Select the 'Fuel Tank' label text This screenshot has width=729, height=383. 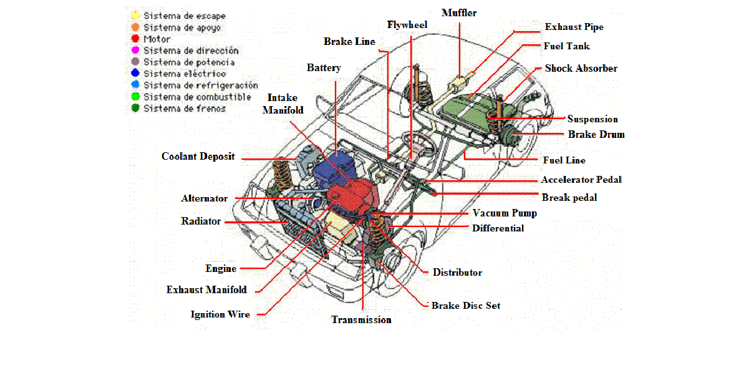tap(566, 46)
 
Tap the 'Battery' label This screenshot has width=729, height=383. tap(324, 67)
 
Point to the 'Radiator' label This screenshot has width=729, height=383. tap(201, 221)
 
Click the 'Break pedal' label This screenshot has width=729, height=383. tap(569, 197)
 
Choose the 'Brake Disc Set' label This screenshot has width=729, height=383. tap(465, 306)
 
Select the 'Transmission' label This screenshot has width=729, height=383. tap(361, 319)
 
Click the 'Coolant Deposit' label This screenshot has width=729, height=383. tap(198, 156)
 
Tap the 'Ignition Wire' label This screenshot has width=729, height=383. tap(220, 314)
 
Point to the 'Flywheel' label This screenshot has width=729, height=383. tap(407, 25)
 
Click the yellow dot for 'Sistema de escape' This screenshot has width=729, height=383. tap(135, 16)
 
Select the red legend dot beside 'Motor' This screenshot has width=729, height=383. tap(135, 39)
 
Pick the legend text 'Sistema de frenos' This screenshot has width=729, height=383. tap(185, 109)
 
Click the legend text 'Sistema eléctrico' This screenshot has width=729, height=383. tap(185, 74)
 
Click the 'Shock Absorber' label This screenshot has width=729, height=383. tap(581, 68)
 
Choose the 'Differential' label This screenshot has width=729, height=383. tap(498, 228)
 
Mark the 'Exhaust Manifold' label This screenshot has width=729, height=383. tap(206, 289)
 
